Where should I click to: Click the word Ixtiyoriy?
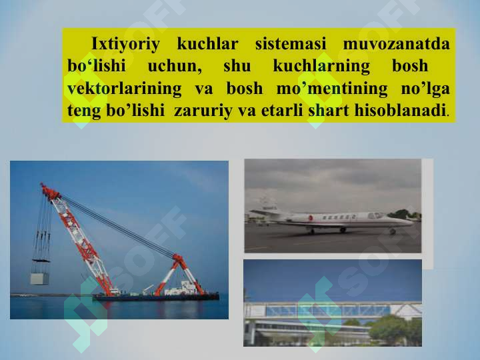coord(125,44)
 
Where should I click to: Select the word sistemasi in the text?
coord(291,43)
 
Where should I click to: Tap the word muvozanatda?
coord(397,43)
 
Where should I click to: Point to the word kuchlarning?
coord(321,67)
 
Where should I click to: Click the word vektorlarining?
coord(124,89)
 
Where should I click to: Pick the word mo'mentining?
coord(332,89)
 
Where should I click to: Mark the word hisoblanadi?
coord(400,110)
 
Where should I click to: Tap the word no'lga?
coord(425,89)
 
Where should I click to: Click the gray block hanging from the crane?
coord(39,279)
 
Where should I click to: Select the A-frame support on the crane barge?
coord(179,275)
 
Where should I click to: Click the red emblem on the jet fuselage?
coord(311,217)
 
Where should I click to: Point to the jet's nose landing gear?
coord(393,231)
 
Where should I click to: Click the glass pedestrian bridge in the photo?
coord(332,310)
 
